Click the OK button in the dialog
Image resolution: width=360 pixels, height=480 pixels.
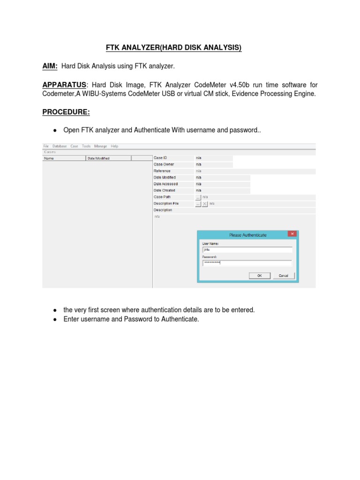point(259,276)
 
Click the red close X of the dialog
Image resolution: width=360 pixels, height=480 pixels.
point(292,234)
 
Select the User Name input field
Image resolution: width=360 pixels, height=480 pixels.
point(247,250)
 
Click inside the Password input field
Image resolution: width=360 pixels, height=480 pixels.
point(247,263)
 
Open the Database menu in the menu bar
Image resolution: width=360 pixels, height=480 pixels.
point(60,146)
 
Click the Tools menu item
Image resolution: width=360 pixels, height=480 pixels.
point(86,146)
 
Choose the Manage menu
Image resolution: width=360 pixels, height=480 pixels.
point(100,146)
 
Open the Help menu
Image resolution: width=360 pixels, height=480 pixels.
point(114,146)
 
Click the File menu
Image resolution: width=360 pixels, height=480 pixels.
point(46,146)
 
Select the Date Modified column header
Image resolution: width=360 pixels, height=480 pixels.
point(98,158)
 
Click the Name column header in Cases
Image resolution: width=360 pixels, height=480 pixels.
point(49,158)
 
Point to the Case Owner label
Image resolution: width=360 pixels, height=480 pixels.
point(164,165)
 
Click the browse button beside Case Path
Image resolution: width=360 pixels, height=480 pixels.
point(198,197)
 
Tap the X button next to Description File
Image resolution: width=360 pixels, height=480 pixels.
point(205,204)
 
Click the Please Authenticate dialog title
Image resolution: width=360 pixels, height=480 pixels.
point(247,235)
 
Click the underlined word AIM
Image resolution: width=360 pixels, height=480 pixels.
point(50,67)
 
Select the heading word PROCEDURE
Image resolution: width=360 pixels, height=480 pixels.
point(66,112)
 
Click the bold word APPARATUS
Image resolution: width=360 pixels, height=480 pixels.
point(65,85)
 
